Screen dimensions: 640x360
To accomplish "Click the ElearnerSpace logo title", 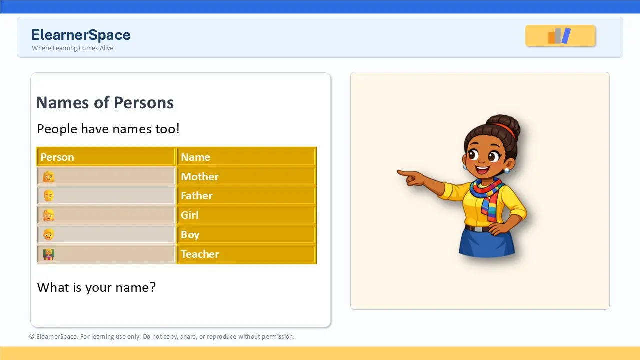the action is point(81,35).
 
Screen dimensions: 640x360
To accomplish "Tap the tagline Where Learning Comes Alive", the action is point(72,48).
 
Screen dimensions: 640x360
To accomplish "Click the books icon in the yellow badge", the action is point(559,36).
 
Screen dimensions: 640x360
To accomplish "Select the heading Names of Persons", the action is point(105,103).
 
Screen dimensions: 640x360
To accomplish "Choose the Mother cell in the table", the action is point(247,176).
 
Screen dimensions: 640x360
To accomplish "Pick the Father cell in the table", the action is point(247,196).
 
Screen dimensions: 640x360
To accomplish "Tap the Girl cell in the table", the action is point(247,215).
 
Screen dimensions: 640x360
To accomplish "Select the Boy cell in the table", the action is point(247,235).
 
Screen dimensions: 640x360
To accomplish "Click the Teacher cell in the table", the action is point(247,254).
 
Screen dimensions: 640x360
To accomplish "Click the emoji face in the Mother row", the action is point(49,177).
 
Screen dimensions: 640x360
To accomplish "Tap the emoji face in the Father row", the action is point(49,196).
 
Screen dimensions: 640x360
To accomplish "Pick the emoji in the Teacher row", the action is point(49,254).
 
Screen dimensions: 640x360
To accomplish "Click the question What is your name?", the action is point(96,287).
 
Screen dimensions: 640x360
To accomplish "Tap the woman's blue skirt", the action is point(487,242).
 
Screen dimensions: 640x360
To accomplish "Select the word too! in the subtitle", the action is point(167,129).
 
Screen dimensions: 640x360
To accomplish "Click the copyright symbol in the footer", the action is point(31,337).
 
